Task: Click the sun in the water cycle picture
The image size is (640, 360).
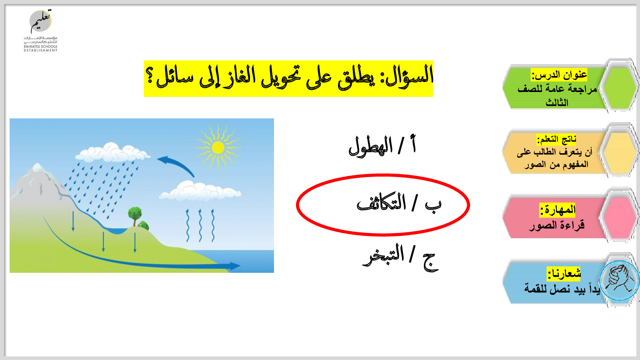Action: click(x=218, y=148)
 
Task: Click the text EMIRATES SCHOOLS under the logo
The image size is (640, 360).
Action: click(x=40, y=46)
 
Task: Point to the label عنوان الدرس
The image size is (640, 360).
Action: click(x=559, y=75)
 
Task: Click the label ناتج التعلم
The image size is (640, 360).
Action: click(x=556, y=140)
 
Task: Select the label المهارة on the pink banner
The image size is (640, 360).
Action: click(x=558, y=210)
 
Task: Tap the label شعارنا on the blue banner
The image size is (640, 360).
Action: click(x=564, y=274)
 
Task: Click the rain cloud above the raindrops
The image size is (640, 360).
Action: click(x=112, y=152)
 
